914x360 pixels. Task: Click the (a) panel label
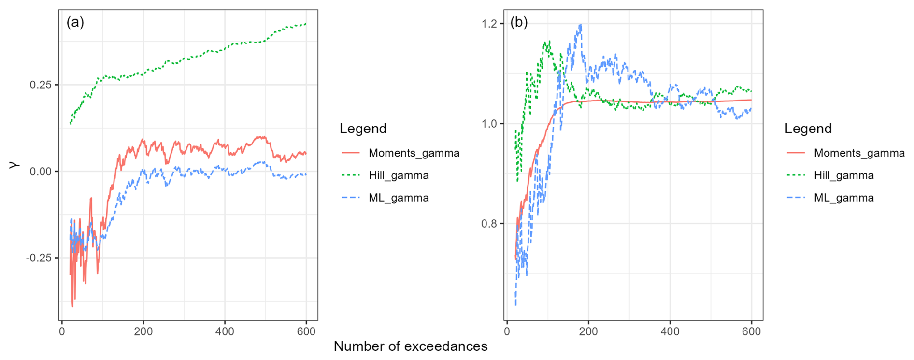click(x=75, y=22)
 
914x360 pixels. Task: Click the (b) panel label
click(x=519, y=22)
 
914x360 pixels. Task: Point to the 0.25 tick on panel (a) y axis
click(x=41, y=85)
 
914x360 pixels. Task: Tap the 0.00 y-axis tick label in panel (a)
click(x=41, y=172)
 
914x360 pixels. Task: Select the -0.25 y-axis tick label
click(x=39, y=258)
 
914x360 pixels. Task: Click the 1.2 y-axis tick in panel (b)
click(x=489, y=24)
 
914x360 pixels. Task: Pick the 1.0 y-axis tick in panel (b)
click(x=489, y=124)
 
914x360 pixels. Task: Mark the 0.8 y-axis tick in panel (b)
click(x=489, y=224)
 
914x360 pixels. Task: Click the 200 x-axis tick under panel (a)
click(x=143, y=331)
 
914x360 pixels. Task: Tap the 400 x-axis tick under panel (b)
click(x=670, y=331)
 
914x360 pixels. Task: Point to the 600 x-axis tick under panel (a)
click(x=306, y=331)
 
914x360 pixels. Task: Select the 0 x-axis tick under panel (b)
click(x=507, y=331)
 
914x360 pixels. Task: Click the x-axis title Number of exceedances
click(x=411, y=346)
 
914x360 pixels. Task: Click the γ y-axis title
click(x=14, y=164)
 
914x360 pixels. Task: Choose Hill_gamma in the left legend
click(x=399, y=175)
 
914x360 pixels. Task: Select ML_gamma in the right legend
click(x=843, y=198)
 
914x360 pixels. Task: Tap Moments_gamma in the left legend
click(x=414, y=153)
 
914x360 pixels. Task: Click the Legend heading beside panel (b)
click(x=808, y=129)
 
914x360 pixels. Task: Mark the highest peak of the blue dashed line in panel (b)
click(x=580, y=25)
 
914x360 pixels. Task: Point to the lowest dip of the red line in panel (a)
click(x=72, y=306)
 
